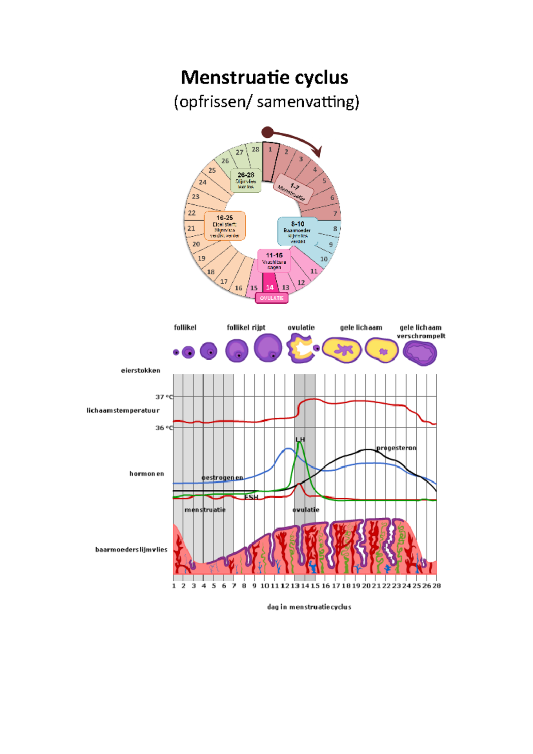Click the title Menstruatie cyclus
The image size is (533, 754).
(265, 78)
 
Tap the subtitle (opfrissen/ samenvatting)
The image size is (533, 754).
(266, 102)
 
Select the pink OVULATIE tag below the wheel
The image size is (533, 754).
(271, 298)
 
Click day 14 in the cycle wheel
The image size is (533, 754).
(270, 287)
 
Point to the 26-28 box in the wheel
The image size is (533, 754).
(246, 180)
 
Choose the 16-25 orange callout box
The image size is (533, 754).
(225, 226)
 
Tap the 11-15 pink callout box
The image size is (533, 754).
(274, 261)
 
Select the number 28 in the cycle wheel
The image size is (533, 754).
(255, 150)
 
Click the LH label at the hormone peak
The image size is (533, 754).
(300, 440)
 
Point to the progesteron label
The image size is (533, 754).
(396, 448)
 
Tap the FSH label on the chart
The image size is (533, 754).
(251, 497)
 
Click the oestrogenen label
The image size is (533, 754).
(222, 478)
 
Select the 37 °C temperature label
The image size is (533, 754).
(164, 397)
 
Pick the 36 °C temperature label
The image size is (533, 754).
(164, 428)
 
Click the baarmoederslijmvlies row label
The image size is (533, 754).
(131, 550)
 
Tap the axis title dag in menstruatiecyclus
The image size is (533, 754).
(309, 607)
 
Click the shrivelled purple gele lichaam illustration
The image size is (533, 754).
(420, 353)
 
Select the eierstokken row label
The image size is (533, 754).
(140, 370)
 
